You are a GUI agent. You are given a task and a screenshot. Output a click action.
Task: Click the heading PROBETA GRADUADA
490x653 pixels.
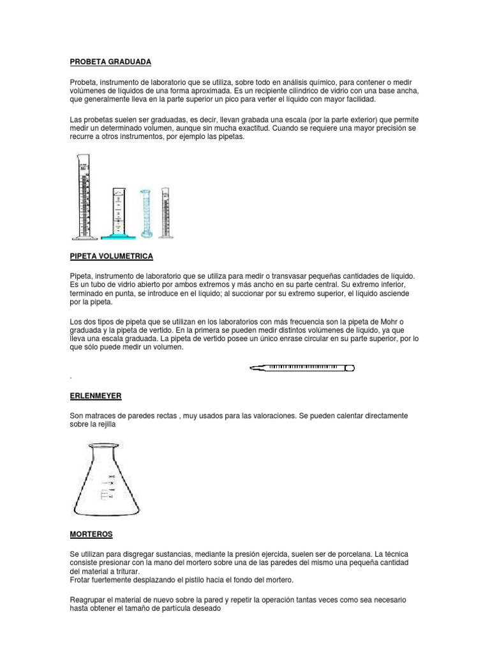tap(110, 62)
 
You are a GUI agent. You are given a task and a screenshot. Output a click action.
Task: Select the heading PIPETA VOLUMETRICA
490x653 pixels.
tap(112, 256)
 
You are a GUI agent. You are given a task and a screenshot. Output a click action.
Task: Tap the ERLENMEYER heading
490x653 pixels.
tap(95, 395)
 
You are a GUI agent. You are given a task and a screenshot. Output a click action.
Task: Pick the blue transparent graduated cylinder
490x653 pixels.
tap(146, 213)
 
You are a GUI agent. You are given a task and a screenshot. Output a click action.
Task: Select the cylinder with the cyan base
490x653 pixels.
tap(119, 214)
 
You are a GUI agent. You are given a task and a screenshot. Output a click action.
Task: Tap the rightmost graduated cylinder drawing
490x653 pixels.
tap(166, 212)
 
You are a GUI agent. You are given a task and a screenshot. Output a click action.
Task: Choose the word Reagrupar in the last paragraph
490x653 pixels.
tap(89, 600)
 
